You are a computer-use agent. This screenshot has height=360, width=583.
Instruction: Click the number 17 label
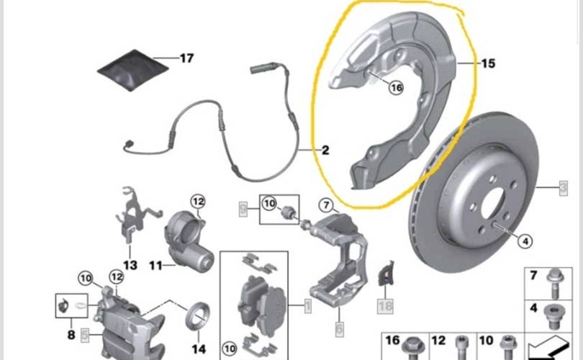[186, 58]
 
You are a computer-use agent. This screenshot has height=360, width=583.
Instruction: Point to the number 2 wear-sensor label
[325, 150]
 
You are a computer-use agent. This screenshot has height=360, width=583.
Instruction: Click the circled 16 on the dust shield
[395, 88]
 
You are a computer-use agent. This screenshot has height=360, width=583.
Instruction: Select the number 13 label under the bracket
[130, 265]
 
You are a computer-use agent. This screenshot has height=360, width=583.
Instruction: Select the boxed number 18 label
[386, 305]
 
